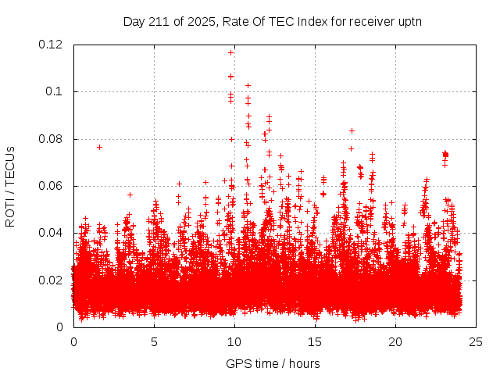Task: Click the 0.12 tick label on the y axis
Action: coord(52,45)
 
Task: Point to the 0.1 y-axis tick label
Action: coord(57,91)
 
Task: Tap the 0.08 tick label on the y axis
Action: coord(52,139)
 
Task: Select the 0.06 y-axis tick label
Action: coord(52,186)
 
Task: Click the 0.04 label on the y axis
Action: coord(52,233)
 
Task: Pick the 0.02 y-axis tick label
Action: coord(52,280)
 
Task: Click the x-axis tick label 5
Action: coord(154,341)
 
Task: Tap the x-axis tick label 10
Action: coord(234,341)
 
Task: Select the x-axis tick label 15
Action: coord(315,341)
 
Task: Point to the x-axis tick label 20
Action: coord(395,341)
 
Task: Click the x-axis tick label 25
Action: coord(476,341)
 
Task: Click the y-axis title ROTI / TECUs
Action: coord(10,186)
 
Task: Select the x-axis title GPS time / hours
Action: coord(273,363)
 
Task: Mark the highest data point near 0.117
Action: coord(230,52)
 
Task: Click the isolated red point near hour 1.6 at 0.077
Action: coord(99,147)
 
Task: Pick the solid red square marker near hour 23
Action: coord(445,155)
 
